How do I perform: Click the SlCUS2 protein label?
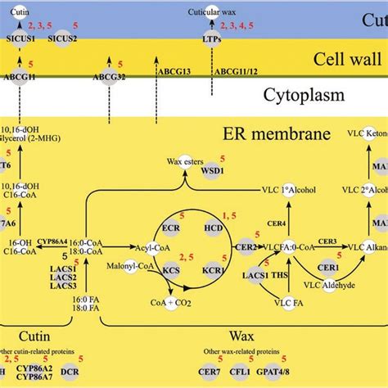(x=60, y=37)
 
